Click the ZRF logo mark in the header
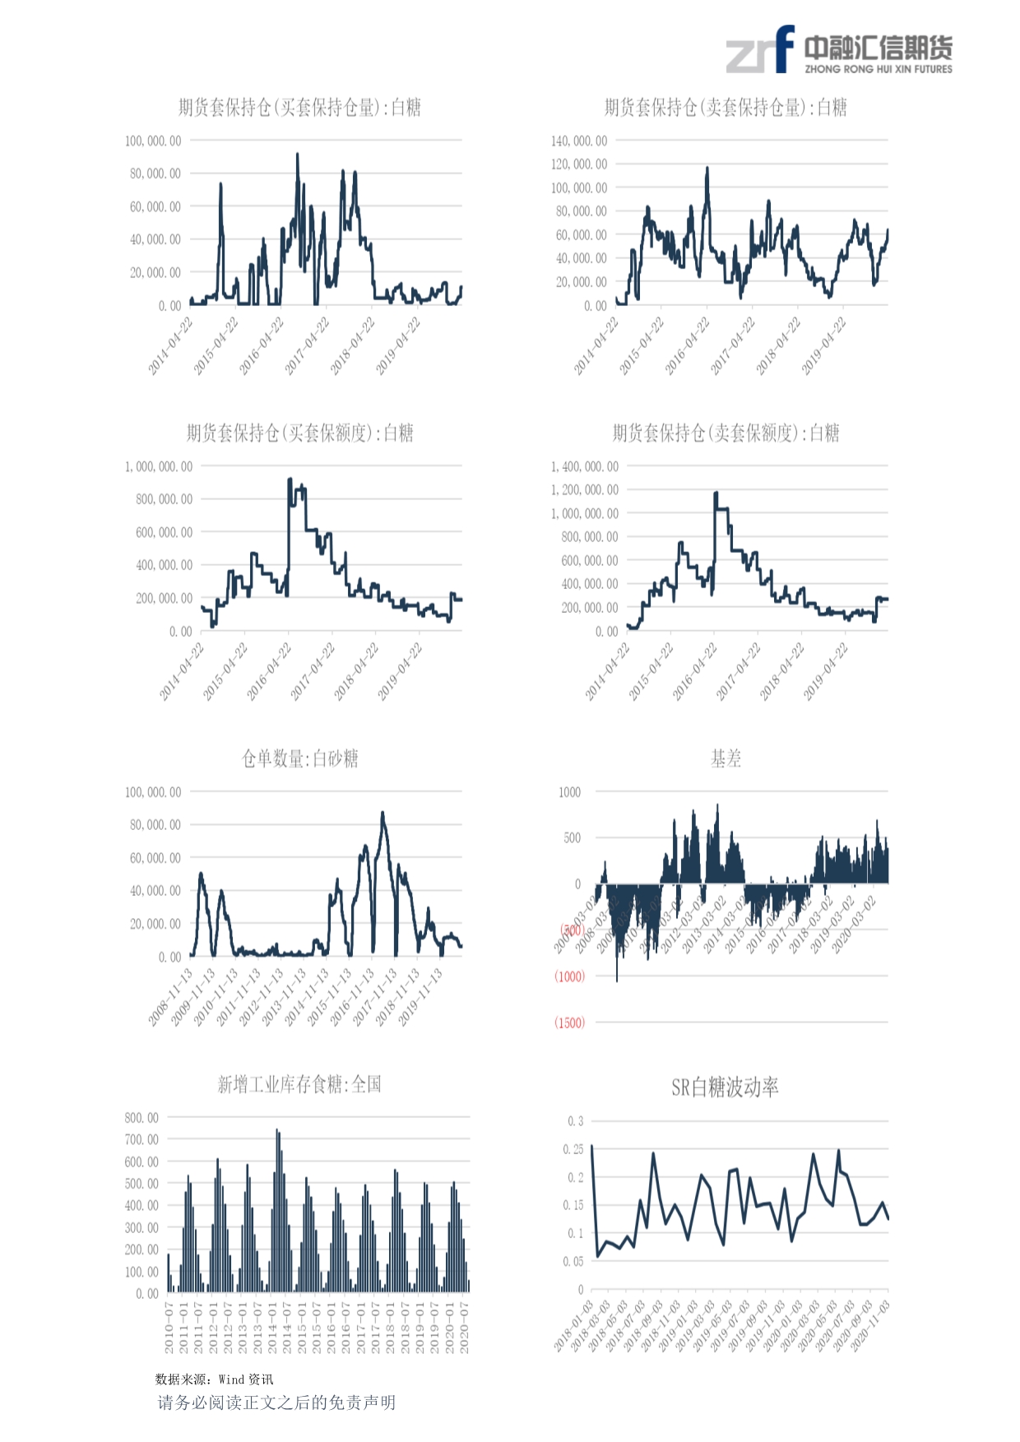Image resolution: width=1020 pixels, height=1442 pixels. pyautogui.click(x=759, y=49)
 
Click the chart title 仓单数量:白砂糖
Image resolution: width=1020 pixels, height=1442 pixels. pyautogui.click(x=299, y=758)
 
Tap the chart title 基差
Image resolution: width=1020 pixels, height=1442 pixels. pyautogui.click(x=726, y=758)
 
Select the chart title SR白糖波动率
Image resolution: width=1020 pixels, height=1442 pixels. pyautogui.click(x=725, y=1087)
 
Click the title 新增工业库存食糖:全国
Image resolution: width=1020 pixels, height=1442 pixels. pyautogui.click(x=299, y=1084)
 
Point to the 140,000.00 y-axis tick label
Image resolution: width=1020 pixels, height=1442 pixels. pyautogui.click(x=579, y=141)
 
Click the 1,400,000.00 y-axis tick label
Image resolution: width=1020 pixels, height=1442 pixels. pyautogui.click(x=584, y=466)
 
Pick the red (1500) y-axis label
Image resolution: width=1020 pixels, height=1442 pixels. pyautogui.click(x=569, y=1022)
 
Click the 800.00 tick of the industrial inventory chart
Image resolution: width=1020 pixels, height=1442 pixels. pyautogui.click(x=141, y=1118)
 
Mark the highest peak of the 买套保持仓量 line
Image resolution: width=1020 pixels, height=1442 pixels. pyautogui.click(x=297, y=155)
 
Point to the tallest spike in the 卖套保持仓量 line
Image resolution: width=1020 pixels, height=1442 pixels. pyautogui.click(x=707, y=169)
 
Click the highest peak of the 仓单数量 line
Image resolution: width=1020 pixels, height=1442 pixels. pyautogui.click(x=382, y=814)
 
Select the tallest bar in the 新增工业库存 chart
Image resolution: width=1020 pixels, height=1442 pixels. pyautogui.click(x=277, y=1131)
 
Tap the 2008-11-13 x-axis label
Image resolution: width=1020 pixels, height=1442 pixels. pyautogui.click(x=170, y=997)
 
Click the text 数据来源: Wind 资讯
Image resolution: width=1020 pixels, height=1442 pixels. pyautogui.click(x=214, y=1379)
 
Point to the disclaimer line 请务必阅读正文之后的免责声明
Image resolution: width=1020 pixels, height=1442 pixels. pyautogui.click(x=276, y=1403)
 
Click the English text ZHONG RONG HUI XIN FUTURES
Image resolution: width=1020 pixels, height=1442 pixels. pyautogui.click(x=878, y=69)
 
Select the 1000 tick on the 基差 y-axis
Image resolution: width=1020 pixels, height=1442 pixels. pyautogui.click(x=569, y=792)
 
